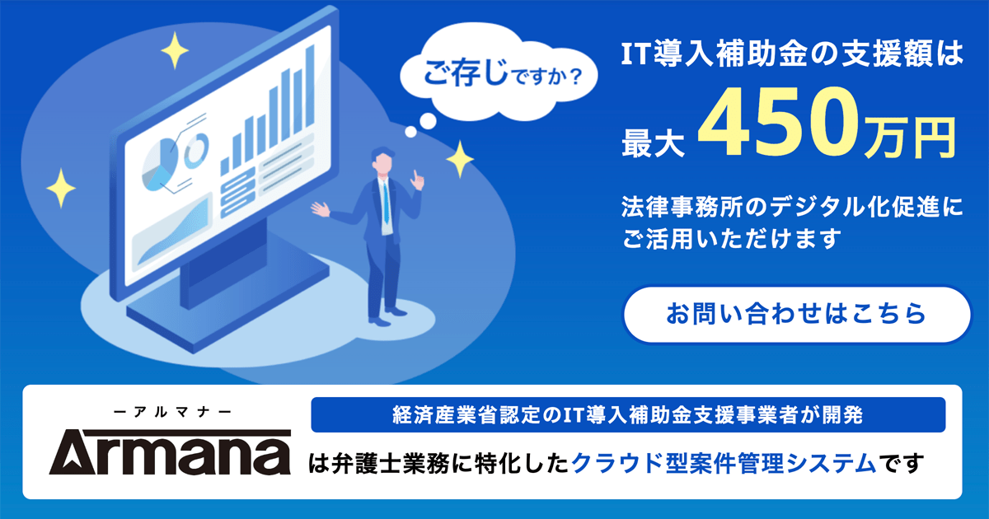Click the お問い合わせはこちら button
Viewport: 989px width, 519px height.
coord(795,314)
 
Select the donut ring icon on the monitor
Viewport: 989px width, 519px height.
coord(196,150)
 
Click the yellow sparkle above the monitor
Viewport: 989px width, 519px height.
coord(175,53)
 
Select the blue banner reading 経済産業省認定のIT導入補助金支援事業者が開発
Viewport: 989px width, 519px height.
coord(628,414)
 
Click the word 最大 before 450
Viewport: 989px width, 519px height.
coord(654,140)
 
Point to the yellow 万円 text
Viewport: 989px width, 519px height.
coord(910,137)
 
